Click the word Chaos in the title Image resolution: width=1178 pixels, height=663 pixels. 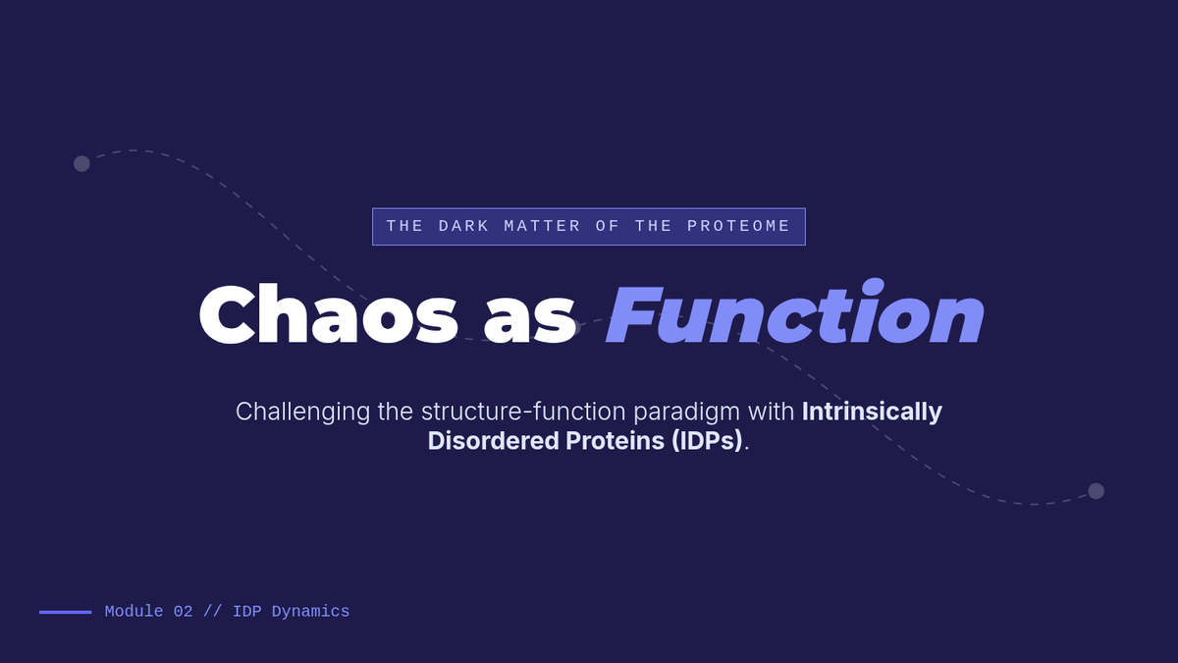point(328,314)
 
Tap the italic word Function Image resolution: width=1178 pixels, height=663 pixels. point(794,311)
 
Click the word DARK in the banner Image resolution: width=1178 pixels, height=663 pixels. point(463,226)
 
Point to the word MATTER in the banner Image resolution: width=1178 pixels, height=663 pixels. point(542,226)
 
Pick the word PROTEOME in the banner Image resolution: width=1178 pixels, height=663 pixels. point(738,226)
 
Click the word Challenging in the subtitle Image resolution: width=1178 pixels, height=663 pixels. point(302,412)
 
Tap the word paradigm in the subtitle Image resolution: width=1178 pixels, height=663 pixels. point(686,412)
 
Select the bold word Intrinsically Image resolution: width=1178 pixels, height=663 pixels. point(872,412)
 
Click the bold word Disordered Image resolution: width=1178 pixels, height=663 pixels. point(493,441)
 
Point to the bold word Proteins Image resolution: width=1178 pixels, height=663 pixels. point(615,441)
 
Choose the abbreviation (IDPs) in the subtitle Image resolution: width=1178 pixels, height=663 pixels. point(707,441)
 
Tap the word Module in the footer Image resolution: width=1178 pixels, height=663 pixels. point(134,611)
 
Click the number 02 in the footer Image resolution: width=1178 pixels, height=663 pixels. point(183,611)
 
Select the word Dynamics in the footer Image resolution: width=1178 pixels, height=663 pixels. point(310,612)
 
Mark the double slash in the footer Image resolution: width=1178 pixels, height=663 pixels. point(212,611)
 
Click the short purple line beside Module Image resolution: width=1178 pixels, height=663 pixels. point(65,612)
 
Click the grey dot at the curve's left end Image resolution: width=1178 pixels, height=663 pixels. point(81,164)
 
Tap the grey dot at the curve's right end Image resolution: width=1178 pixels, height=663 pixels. point(1096,491)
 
